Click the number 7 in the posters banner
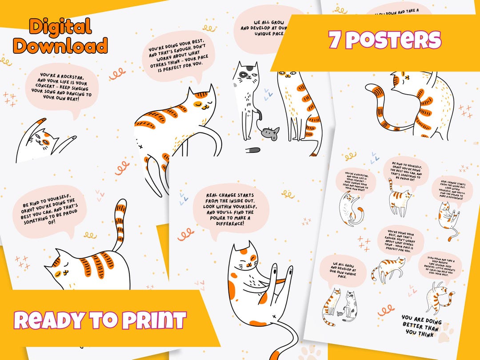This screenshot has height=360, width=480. click(x=335, y=40)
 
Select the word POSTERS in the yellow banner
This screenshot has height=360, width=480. click(x=393, y=40)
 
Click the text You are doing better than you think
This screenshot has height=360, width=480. click(x=421, y=325)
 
